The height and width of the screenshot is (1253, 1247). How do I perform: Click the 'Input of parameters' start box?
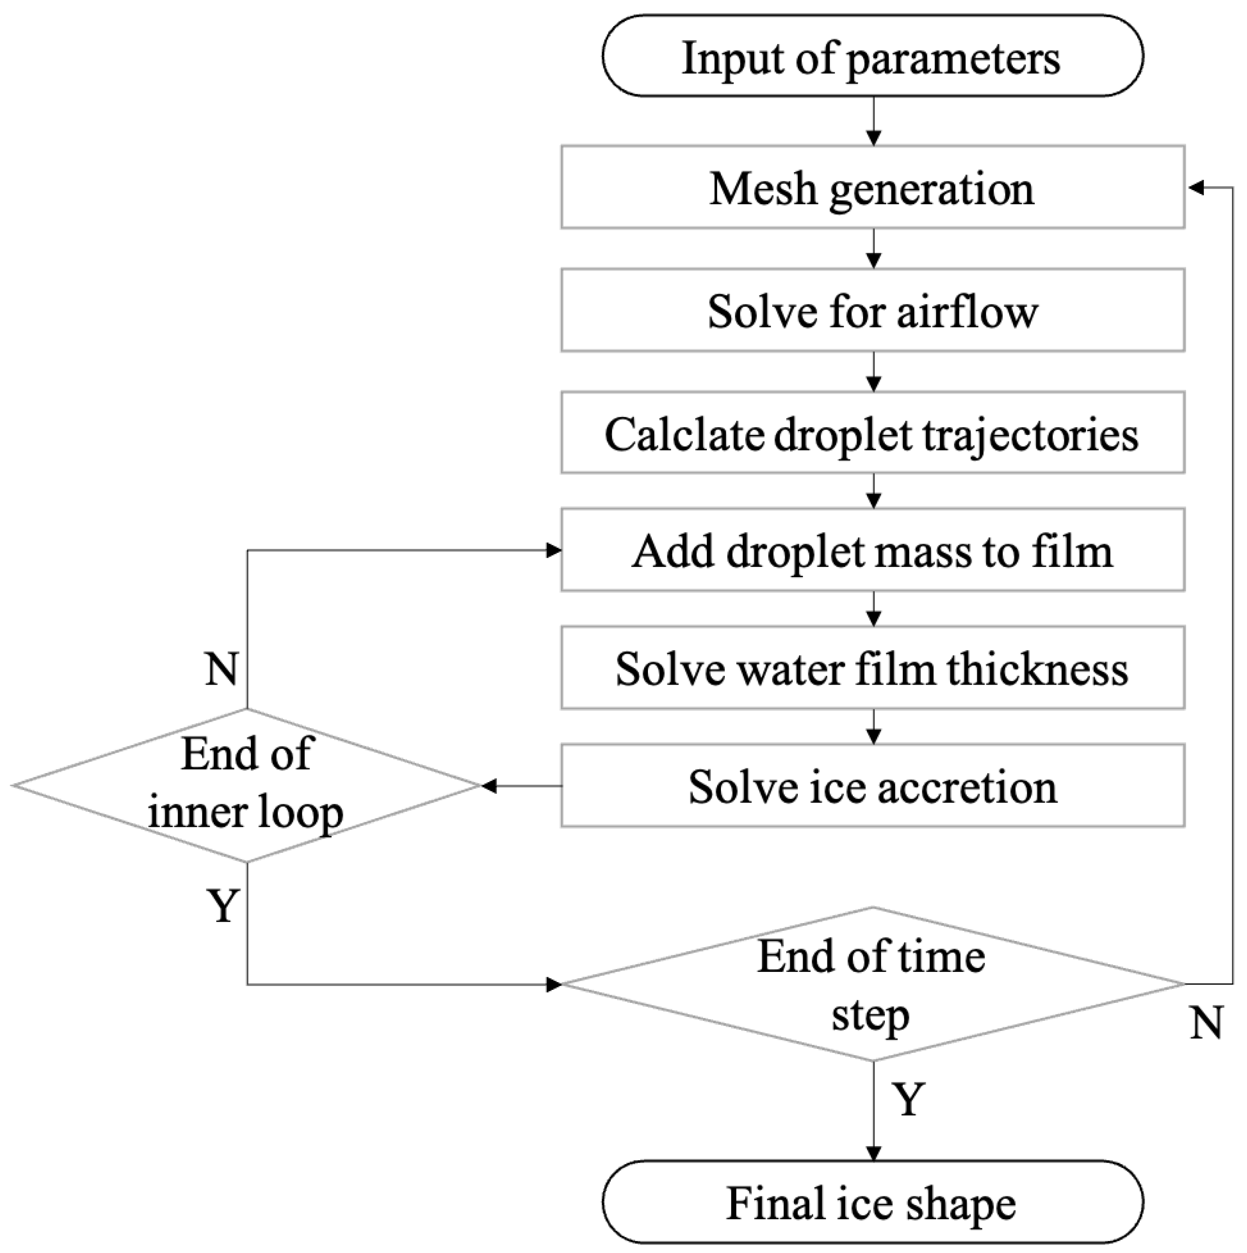pyautogui.click(x=872, y=57)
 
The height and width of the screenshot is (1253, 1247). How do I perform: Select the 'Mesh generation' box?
pyautogui.click(x=872, y=187)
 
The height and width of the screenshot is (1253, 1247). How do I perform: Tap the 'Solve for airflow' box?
pyautogui.click(x=872, y=311)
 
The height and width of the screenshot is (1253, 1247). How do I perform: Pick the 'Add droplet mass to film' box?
pyautogui.click(x=872, y=551)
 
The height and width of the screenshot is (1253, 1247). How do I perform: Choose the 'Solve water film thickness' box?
pyautogui.click(x=872, y=668)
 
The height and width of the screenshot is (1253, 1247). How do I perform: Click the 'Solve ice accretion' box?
pyautogui.click(x=872, y=786)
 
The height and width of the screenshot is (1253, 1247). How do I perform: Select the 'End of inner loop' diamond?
pyautogui.click(x=246, y=786)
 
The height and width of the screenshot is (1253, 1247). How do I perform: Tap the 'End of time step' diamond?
pyautogui.click(x=872, y=984)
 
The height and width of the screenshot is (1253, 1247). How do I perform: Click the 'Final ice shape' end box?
pyautogui.click(x=872, y=1203)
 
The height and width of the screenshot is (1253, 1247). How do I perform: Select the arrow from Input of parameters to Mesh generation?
pyautogui.click(x=874, y=122)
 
